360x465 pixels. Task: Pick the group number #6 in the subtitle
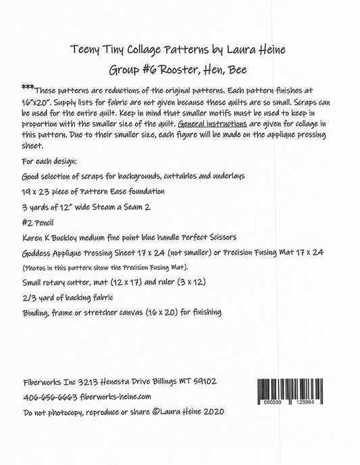coord(149,70)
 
